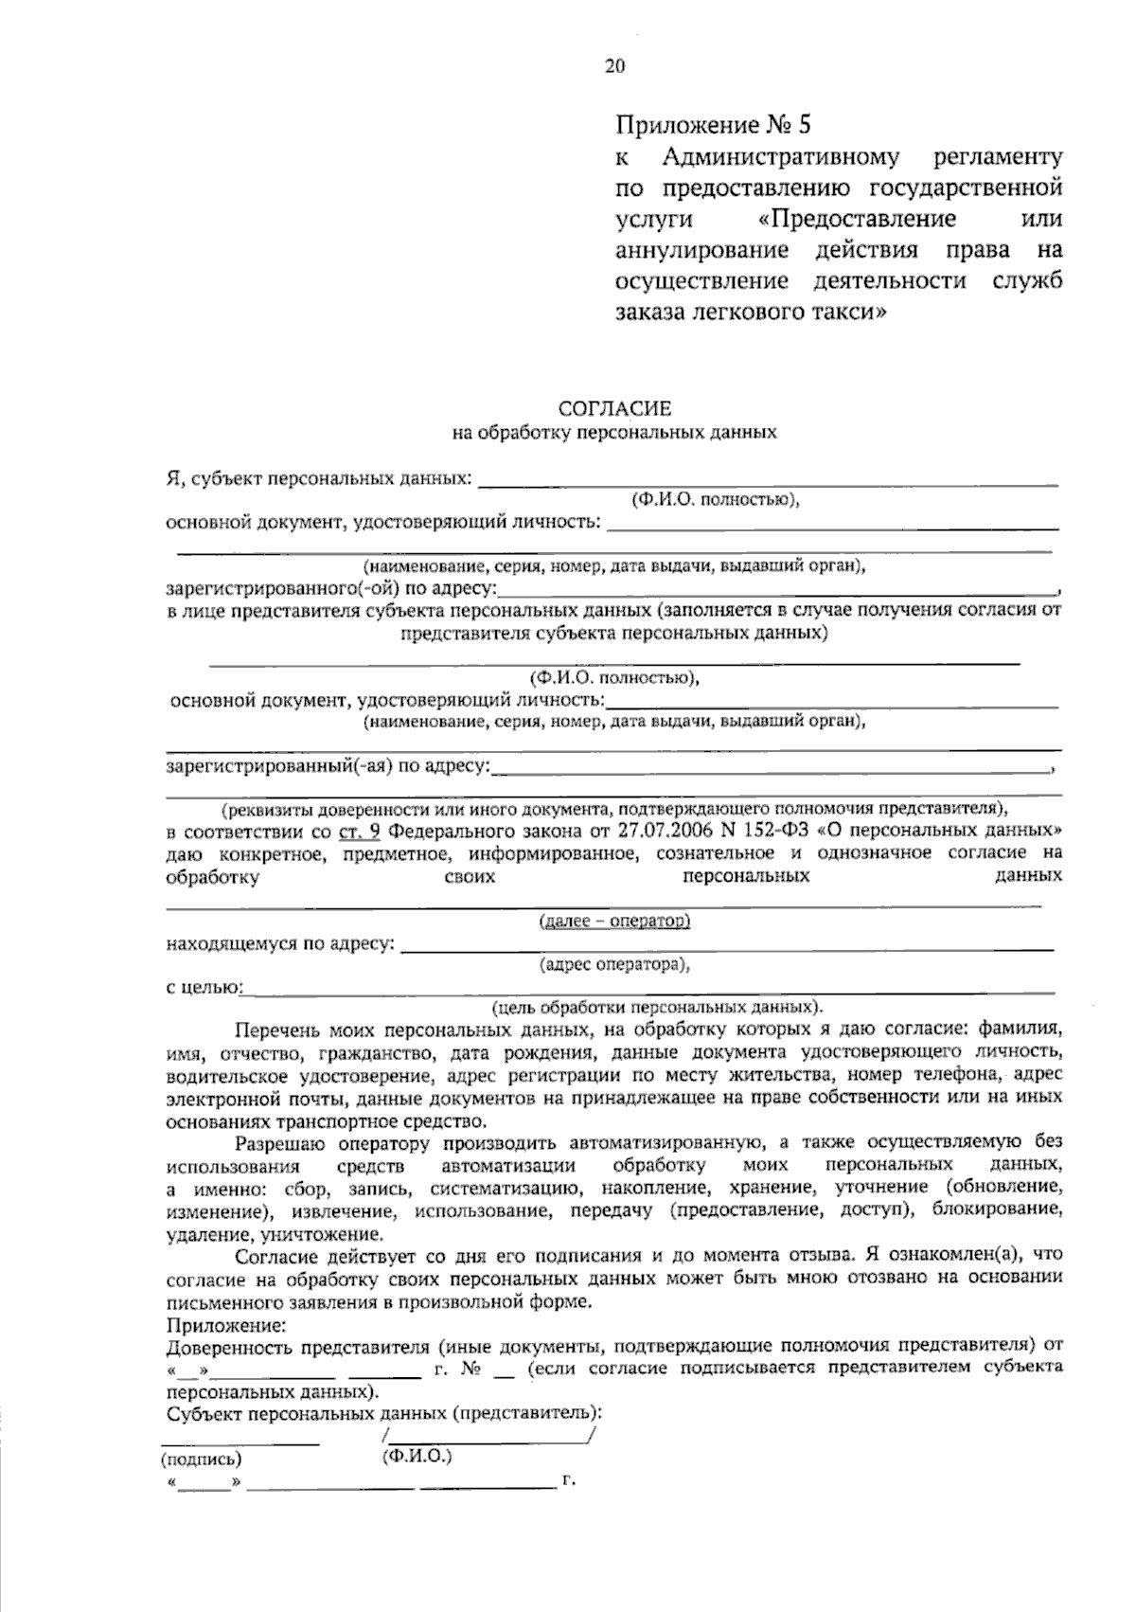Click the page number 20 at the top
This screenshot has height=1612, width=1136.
click(614, 65)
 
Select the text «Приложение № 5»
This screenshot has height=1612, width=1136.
click(715, 125)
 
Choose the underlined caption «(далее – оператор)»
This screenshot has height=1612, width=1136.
click(613, 921)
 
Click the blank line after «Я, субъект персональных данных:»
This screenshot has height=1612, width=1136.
click(767, 483)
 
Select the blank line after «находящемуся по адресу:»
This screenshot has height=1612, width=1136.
click(727, 946)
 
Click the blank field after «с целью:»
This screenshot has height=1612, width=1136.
click(648, 991)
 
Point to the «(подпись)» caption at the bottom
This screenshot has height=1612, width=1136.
click(201, 1459)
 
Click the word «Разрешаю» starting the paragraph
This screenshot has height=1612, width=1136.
click(275, 1142)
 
